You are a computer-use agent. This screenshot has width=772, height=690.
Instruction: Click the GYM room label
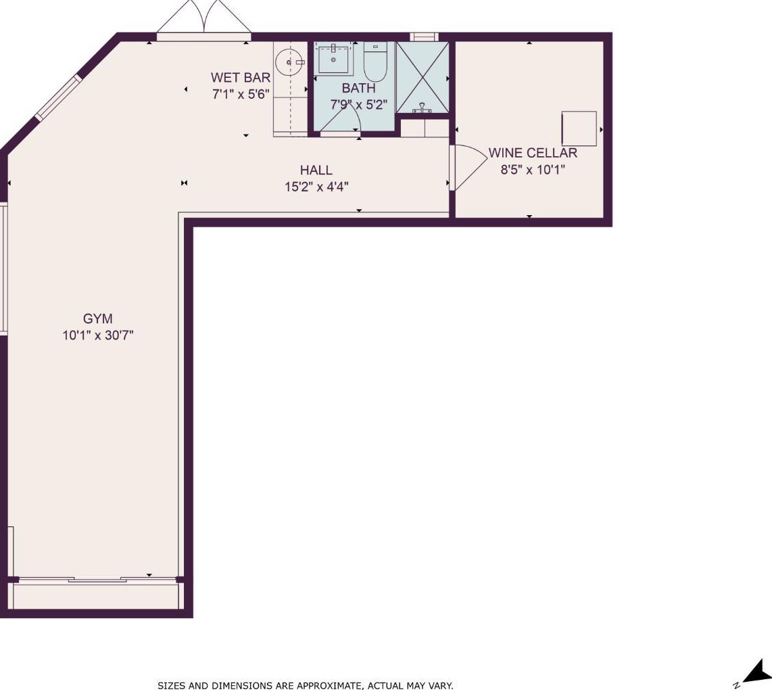point(97,319)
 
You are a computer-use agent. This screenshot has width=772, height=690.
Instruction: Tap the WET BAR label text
point(240,77)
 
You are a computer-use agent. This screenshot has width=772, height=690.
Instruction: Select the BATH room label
point(358,88)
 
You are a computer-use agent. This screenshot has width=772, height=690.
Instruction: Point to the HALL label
point(316,170)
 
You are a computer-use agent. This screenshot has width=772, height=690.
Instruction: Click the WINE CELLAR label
point(533,153)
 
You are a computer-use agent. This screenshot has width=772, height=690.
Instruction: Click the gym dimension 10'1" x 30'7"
point(98,336)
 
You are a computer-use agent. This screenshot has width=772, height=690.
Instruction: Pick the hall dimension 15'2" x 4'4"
point(316,187)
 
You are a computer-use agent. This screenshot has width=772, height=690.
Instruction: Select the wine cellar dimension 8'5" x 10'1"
point(533,170)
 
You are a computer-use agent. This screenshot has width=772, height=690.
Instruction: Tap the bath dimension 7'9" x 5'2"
point(359,105)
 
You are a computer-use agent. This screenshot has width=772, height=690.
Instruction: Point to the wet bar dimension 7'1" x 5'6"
point(241,94)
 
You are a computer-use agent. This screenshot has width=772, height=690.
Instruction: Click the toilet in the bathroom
point(376,62)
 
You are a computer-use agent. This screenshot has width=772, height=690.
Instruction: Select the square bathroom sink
point(334,59)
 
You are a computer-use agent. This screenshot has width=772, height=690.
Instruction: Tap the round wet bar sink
point(287,63)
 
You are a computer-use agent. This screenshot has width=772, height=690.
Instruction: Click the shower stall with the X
point(423,77)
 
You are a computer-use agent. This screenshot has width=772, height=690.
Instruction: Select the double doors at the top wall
point(204,20)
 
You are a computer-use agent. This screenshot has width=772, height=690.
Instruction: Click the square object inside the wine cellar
point(579,129)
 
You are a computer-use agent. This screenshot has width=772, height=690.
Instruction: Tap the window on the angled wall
point(58,97)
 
